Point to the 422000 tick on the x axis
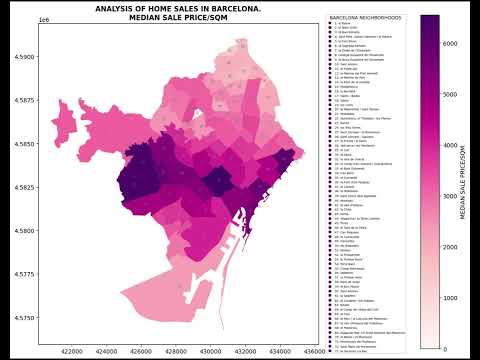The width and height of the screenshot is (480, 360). (72, 351)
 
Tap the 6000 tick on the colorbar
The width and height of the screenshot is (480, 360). (450, 42)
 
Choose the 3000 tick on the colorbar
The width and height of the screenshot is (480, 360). (450, 195)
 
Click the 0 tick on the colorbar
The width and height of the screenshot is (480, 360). (446, 348)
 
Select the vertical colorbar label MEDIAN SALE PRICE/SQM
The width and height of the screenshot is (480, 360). (463, 181)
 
